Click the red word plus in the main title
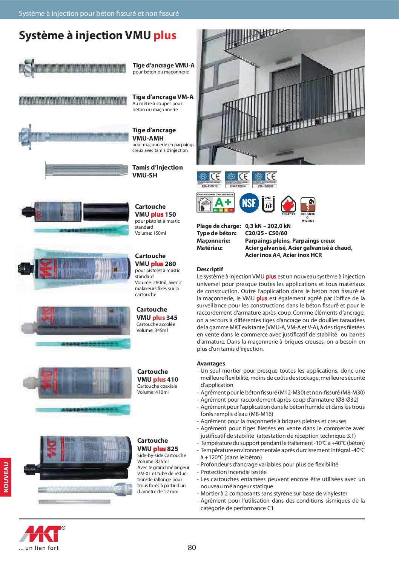(165, 35)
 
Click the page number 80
(192, 547)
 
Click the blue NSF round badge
(249, 203)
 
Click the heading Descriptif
(210, 269)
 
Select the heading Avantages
(211, 364)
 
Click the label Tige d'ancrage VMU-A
(163, 65)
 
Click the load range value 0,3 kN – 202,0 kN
(268, 226)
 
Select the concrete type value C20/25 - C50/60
(266, 233)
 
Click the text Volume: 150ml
(150, 233)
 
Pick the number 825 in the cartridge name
(173, 449)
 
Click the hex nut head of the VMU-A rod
(28, 68)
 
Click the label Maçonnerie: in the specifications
(213, 241)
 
